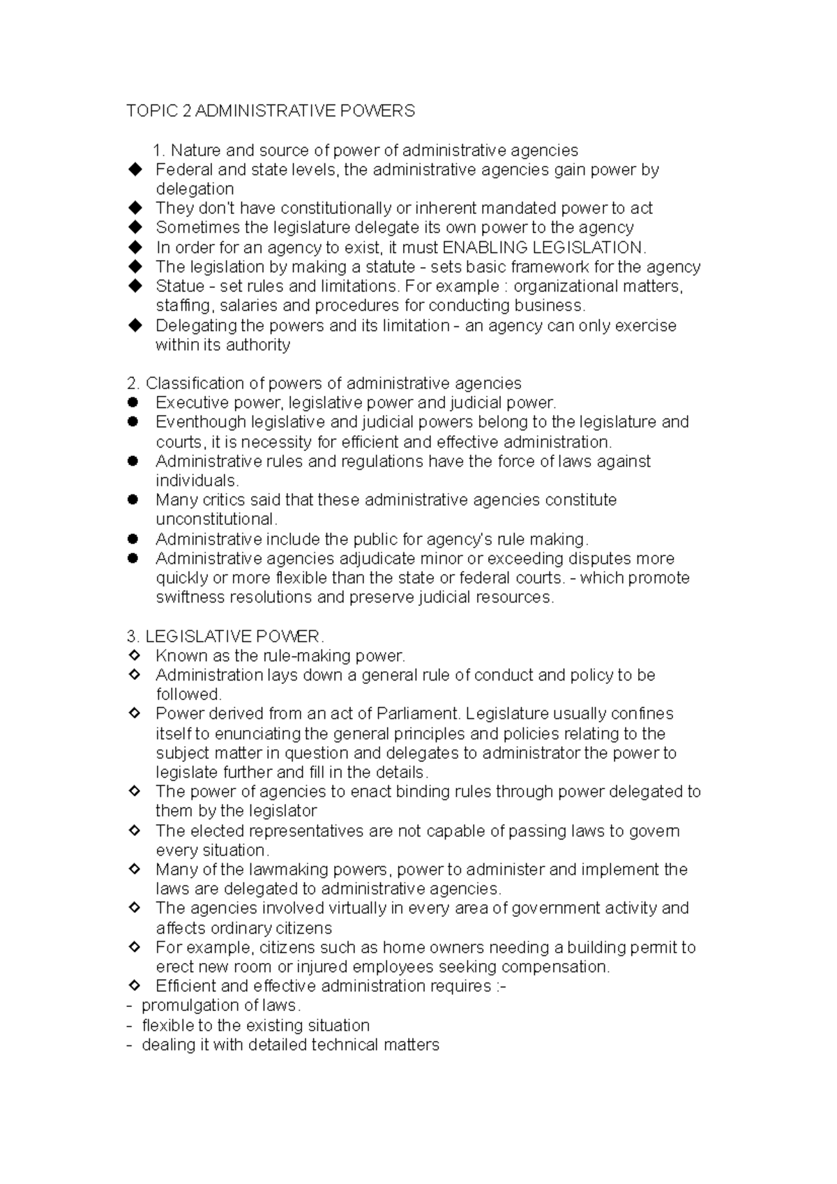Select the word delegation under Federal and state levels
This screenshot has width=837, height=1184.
pos(195,189)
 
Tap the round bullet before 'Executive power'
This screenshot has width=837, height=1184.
pos(134,402)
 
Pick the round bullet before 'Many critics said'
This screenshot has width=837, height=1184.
pos(134,500)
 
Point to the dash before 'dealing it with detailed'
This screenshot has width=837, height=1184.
pos(130,1045)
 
